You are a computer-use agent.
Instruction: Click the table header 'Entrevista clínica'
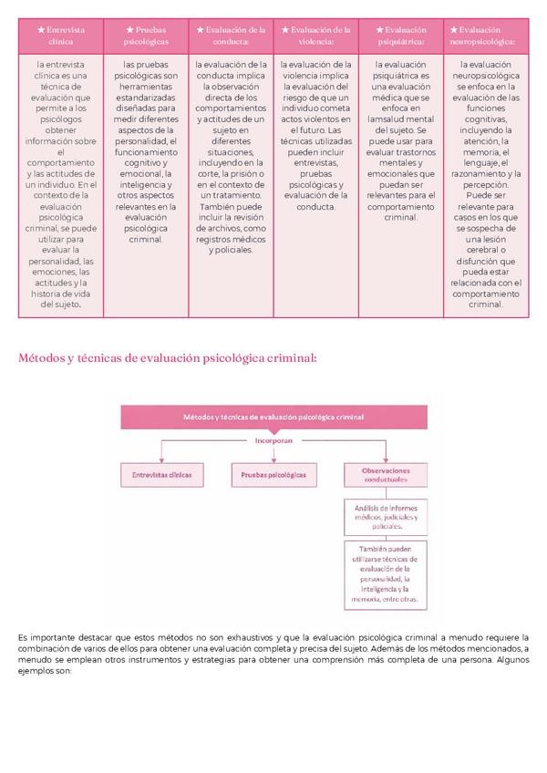click(61, 35)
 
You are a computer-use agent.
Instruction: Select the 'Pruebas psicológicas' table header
click(147, 35)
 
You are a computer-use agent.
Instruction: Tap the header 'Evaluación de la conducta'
click(232, 35)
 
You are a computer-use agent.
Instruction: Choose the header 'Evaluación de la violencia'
click(316, 35)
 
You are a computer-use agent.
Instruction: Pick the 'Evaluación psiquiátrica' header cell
click(401, 35)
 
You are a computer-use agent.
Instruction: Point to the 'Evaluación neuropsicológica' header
click(487, 35)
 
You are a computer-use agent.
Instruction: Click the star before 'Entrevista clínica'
click(41, 29)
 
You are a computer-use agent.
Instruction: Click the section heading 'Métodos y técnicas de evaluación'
click(167, 358)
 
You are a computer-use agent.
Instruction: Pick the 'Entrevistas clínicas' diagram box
click(161, 475)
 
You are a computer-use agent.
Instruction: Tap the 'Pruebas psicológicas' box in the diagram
click(273, 475)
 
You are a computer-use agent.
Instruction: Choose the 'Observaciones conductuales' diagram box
click(383, 475)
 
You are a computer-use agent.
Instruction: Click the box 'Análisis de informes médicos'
click(383, 517)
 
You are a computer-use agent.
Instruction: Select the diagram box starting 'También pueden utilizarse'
click(383, 573)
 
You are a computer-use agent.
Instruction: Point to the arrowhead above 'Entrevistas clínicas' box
click(161, 459)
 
